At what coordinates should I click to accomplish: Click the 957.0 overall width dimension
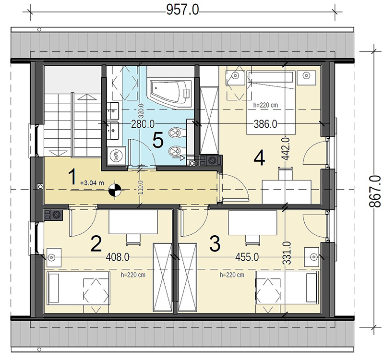click(x=183, y=10)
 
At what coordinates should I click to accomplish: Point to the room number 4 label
click(x=259, y=158)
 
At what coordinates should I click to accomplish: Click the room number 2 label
click(x=96, y=244)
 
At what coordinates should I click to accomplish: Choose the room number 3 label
click(x=215, y=244)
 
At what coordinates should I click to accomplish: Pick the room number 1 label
click(x=72, y=178)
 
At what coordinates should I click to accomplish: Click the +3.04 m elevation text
click(x=92, y=183)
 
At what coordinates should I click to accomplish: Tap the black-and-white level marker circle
click(x=115, y=190)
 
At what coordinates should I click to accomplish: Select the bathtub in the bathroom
click(x=171, y=94)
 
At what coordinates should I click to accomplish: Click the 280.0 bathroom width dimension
click(x=143, y=124)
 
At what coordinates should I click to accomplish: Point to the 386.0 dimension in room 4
click(x=265, y=124)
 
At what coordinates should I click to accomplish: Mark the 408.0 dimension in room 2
click(x=118, y=257)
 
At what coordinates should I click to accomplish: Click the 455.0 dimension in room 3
click(x=247, y=257)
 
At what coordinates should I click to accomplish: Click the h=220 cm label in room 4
click(x=266, y=105)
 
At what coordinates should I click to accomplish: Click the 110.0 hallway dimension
click(x=140, y=187)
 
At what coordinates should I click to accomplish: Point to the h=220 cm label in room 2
click(x=133, y=275)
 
